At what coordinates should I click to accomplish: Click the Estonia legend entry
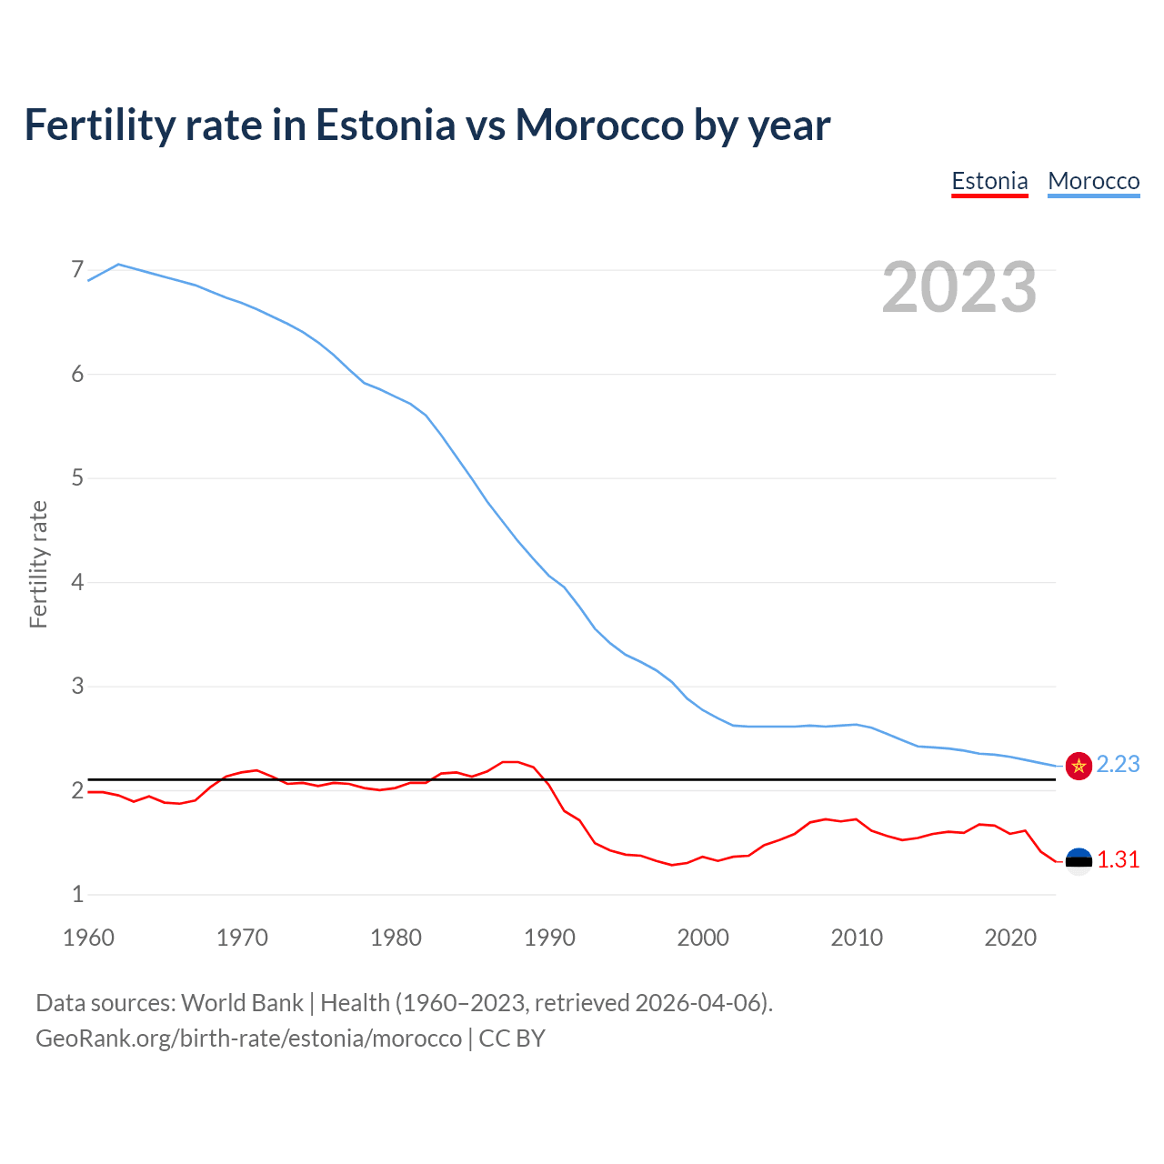click(x=989, y=181)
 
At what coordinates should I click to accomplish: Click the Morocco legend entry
click(x=1093, y=181)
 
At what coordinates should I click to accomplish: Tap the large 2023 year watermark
click(x=958, y=287)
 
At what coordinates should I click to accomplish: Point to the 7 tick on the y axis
click(x=77, y=270)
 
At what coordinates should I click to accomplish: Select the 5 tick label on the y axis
click(x=77, y=478)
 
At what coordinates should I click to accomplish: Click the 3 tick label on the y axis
click(x=77, y=687)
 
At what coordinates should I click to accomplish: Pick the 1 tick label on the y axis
click(x=77, y=895)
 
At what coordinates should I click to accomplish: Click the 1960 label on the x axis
click(x=88, y=938)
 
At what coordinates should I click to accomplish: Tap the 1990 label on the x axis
click(x=549, y=938)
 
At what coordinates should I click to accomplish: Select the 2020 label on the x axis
click(x=1010, y=938)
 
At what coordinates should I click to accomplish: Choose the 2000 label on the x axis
click(x=703, y=938)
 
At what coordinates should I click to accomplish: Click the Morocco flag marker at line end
click(x=1079, y=767)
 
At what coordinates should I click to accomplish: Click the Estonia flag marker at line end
click(x=1079, y=861)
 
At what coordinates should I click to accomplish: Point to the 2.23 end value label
click(x=1118, y=765)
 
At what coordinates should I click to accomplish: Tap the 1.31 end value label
click(x=1118, y=860)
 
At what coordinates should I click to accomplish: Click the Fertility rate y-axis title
click(x=38, y=564)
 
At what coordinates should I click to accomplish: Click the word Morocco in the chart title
click(x=599, y=125)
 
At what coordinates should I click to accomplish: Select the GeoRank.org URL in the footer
click(x=248, y=1039)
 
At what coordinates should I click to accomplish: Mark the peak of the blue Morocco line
click(x=119, y=264)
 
